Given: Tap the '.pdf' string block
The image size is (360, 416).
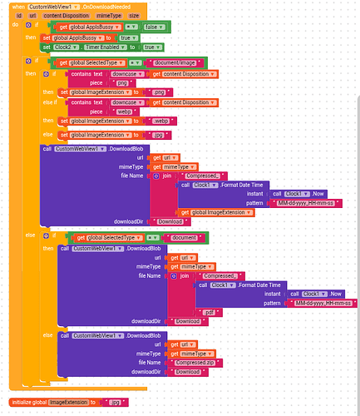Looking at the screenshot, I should (209, 311).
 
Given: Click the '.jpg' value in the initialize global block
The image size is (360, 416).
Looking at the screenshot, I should (115, 402).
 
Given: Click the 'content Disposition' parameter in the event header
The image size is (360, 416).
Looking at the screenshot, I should (63, 15).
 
